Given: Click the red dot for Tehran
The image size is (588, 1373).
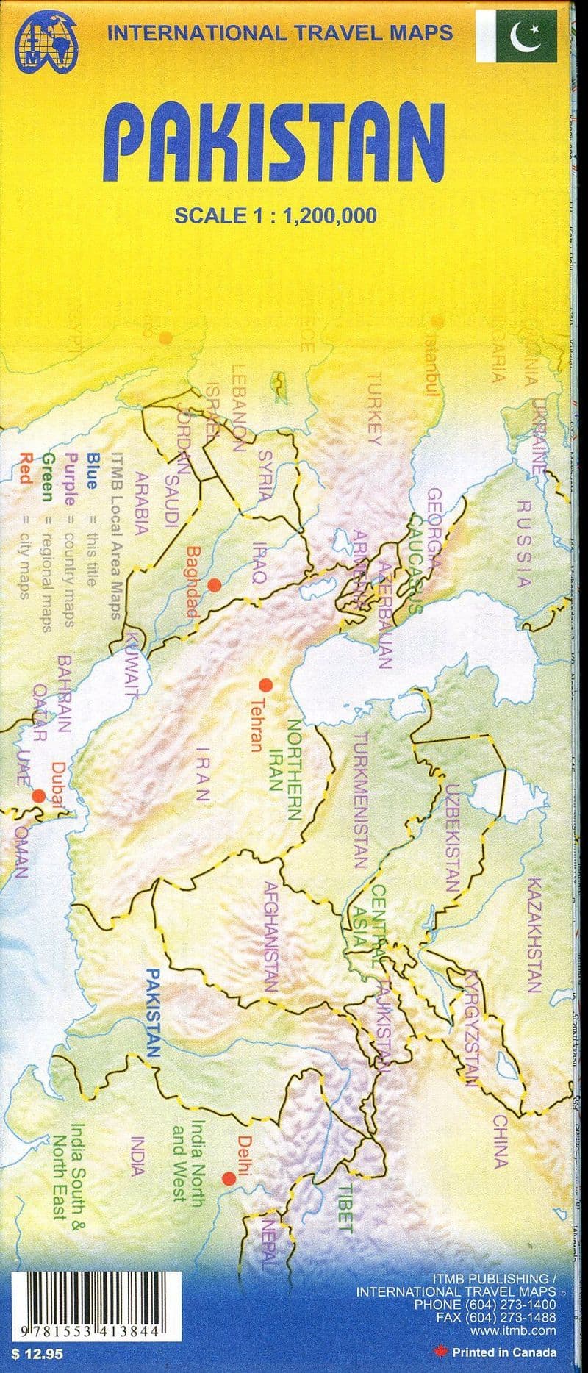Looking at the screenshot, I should pos(266,685).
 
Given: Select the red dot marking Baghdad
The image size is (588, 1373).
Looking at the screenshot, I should pos(214,584).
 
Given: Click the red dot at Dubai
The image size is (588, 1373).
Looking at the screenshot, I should pos(38,795).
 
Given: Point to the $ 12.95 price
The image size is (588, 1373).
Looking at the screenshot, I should pos(32,1350).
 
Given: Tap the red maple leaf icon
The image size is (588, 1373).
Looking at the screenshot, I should pos(442,1352).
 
